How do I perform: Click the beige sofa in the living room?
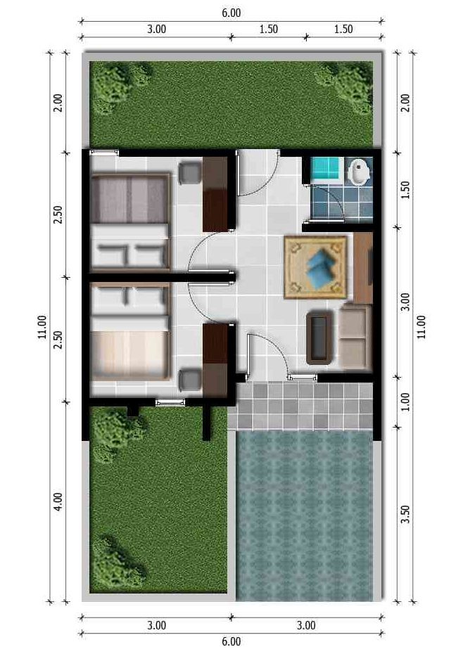tap(355, 336)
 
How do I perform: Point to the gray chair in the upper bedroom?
tap(189, 173)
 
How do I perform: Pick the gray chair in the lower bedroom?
tap(189, 379)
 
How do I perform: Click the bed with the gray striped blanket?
tap(130, 222)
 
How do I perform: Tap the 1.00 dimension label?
tap(405, 402)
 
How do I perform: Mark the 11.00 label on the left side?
tap(42, 326)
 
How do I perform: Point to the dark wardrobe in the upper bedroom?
tap(215, 194)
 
